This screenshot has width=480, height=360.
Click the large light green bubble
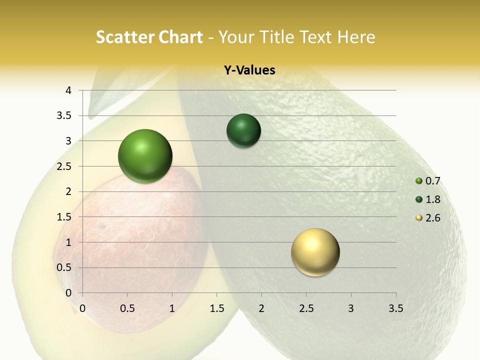[x=145, y=156]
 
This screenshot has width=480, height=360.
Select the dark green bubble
[x=243, y=130]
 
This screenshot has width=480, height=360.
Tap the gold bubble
[x=315, y=252]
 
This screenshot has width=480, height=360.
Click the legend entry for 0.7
[x=428, y=181]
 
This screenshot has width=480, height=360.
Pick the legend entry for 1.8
[x=428, y=199]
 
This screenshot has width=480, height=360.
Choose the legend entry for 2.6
[x=428, y=218]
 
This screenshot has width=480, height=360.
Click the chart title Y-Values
[x=249, y=70]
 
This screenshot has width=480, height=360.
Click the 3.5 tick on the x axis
[x=395, y=308]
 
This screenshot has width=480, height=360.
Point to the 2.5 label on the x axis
[x=306, y=308]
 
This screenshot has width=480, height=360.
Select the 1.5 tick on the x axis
[x=216, y=308]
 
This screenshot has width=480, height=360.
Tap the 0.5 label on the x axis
[x=127, y=308]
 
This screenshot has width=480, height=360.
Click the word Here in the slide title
[x=355, y=37]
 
